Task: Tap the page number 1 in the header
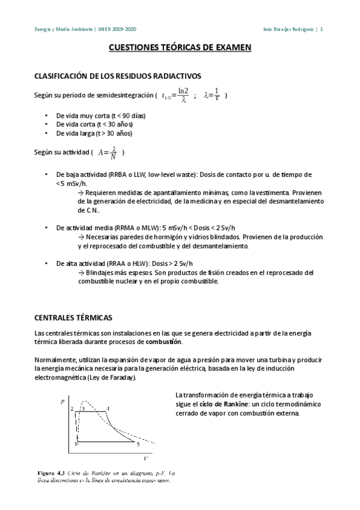(x=322, y=28)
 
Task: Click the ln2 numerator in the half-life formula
(x=183, y=91)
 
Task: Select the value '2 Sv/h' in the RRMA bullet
(x=224, y=229)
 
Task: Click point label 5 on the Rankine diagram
(x=138, y=444)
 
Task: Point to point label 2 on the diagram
(x=72, y=410)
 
